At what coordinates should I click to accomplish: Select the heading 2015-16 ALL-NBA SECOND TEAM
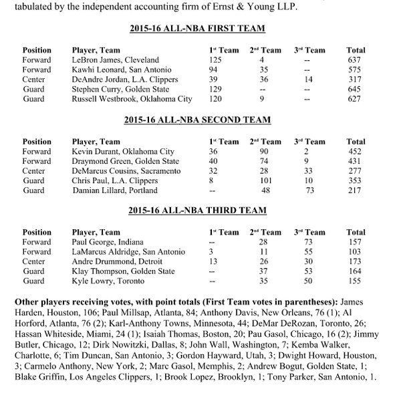[x=197, y=120]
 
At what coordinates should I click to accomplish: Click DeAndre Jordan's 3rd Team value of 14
[x=307, y=79]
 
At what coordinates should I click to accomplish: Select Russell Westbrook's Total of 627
[x=356, y=99]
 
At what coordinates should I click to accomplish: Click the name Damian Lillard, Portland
[x=110, y=190]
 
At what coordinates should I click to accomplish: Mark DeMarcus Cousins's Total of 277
[x=356, y=171]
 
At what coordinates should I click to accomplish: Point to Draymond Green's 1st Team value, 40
[x=215, y=161]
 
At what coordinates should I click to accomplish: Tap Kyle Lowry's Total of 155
[x=356, y=281]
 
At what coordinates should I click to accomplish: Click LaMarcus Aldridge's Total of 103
[x=356, y=253]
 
